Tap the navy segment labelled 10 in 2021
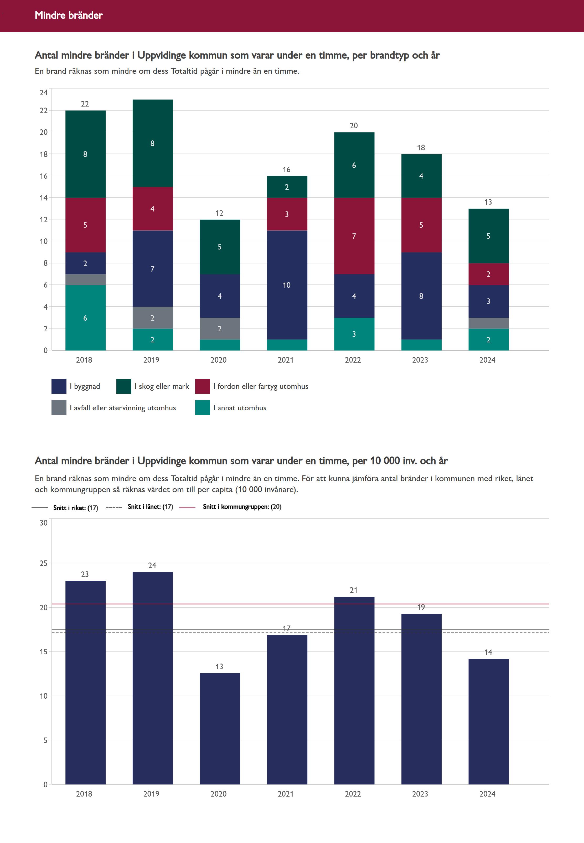(287, 285)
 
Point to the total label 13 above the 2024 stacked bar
(488, 202)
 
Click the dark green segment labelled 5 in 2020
(220, 247)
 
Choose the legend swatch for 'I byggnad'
(59, 386)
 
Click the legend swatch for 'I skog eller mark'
(124, 386)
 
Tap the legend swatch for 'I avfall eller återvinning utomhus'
(59, 408)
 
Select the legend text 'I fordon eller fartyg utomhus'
(261, 386)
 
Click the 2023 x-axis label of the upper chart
(420, 360)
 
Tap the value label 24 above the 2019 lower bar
(152, 566)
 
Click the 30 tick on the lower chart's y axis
(44, 523)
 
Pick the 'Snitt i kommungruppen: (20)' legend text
(242, 507)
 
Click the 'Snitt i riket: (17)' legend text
(76, 508)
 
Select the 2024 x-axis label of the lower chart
(487, 794)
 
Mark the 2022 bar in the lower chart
(354, 691)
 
